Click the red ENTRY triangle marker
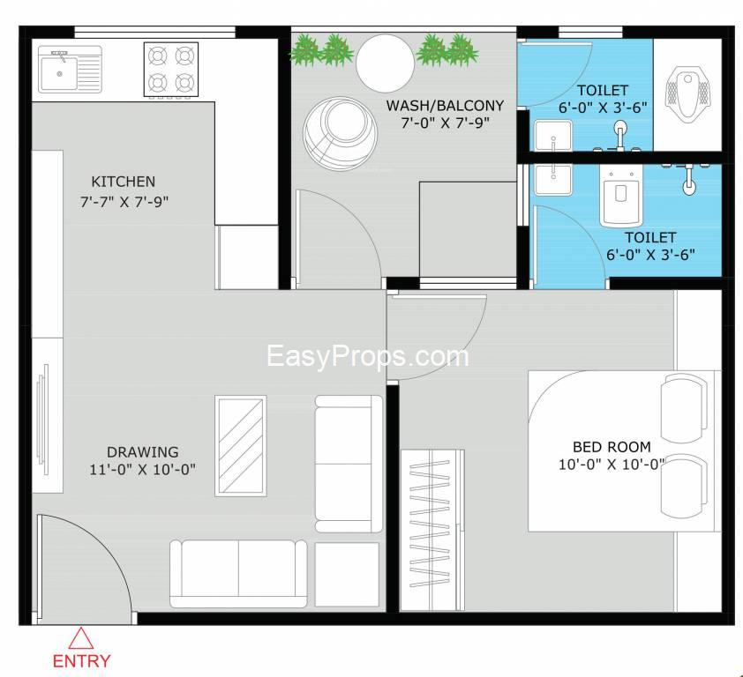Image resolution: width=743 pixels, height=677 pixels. click(81, 638)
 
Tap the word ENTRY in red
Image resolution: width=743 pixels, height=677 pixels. click(82, 660)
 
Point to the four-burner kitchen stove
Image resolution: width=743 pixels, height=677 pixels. click(169, 70)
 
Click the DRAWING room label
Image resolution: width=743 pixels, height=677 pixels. click(142, 452)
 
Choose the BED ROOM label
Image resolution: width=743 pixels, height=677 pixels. click(612, 446)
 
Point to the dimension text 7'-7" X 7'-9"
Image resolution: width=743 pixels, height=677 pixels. click(124, 201)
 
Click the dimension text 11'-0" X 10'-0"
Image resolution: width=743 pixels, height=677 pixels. click(142, 469)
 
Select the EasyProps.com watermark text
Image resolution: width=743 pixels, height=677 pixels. click(368, 355)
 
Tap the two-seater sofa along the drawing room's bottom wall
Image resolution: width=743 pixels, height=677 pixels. click(238, 573)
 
